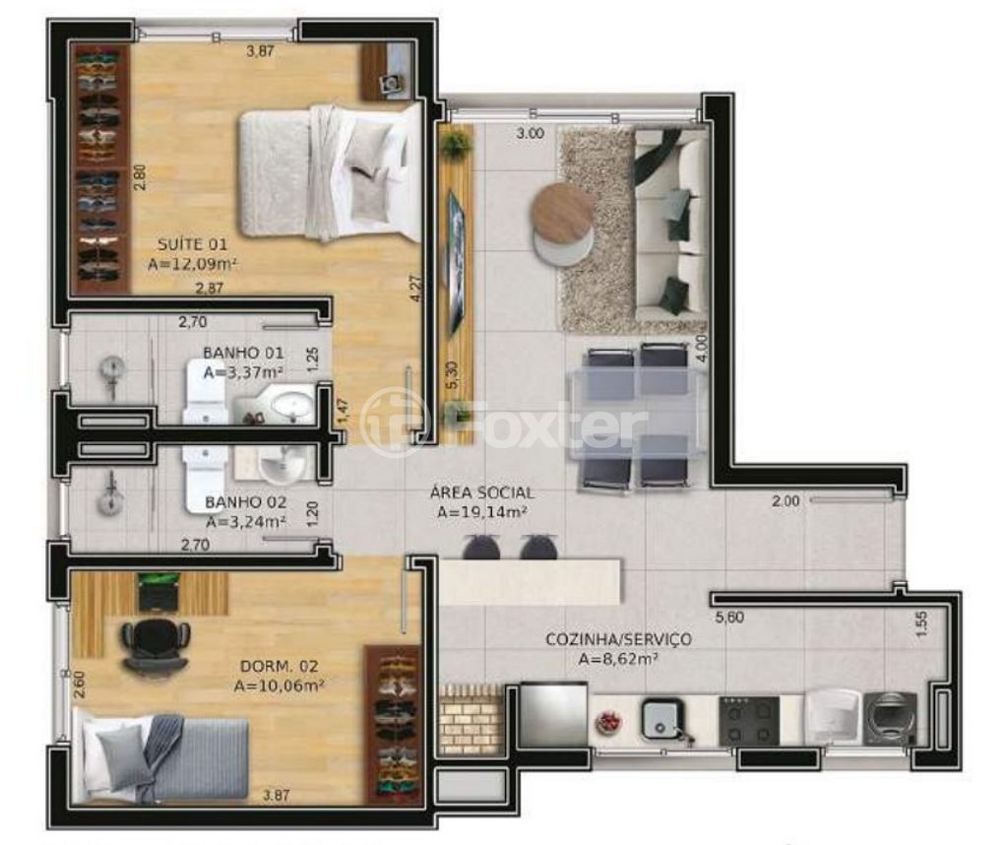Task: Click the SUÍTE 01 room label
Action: (192, 244)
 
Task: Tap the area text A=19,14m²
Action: (482, 512)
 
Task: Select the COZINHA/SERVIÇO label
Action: (618, 639)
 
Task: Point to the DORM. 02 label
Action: (279, 666)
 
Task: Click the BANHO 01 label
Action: (243, 353)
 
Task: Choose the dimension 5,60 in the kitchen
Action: (729, 617)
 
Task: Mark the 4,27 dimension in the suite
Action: (416, 289)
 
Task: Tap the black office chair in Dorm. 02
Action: (156, 646)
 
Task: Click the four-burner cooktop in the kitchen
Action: (749, 720)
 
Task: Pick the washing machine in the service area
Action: (890, 718)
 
